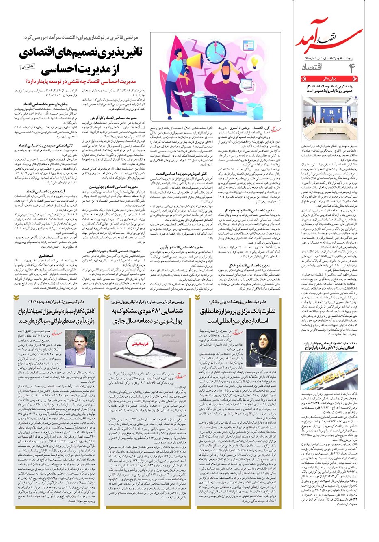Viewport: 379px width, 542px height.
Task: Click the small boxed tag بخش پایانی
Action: click(x=29, y=66)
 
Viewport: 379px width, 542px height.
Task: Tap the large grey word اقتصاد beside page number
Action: click(x=313, y=67)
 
